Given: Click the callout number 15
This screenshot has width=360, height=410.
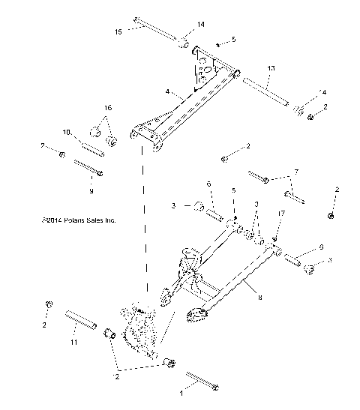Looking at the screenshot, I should pyautogui.click(x=118, y=31).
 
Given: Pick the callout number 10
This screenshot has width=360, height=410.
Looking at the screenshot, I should pyautogui.click(x=67, y=133).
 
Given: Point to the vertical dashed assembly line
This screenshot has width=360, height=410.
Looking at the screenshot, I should pyautogui.click(x=145, y=225).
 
